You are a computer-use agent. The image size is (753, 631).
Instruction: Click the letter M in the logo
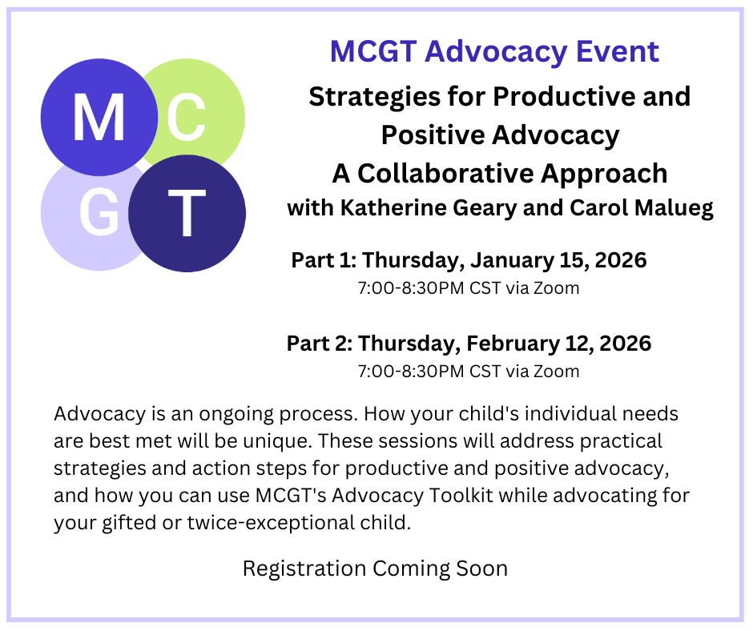99,117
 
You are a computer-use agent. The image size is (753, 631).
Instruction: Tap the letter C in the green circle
187,117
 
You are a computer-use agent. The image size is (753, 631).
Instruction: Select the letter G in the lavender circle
99,212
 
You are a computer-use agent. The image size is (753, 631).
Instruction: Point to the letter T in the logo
187,212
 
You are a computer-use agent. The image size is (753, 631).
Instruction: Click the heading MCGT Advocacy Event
494,51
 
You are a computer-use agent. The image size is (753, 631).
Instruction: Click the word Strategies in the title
375,98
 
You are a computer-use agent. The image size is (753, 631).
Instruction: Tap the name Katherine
393,207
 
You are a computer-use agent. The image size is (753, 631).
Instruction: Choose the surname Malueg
674,209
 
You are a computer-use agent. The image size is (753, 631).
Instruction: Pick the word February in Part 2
513,344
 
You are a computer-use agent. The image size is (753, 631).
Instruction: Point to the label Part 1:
324,259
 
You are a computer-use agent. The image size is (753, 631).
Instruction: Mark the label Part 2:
320,344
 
